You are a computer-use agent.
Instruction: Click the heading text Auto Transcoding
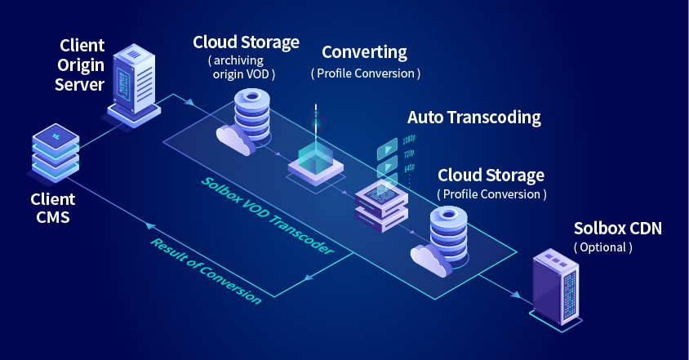[x=473, y=118]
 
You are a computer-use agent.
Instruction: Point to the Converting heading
[x=364, y=53]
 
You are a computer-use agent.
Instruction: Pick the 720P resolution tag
[x=409, y=155]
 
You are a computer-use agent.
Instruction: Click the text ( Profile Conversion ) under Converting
[x=365, y=73]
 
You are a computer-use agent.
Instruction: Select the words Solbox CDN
[x=617, y=229]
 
